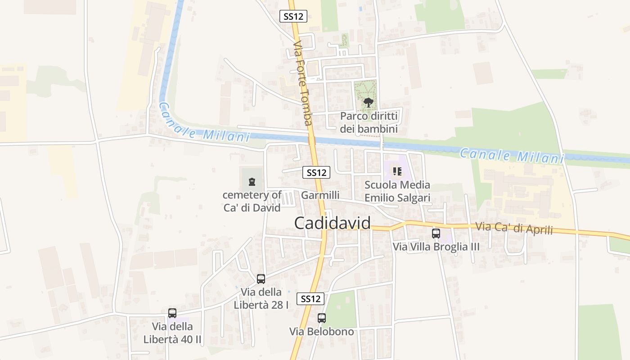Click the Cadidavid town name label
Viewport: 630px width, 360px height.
tap(333, 223)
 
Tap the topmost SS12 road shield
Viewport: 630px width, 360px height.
tap(293, 17)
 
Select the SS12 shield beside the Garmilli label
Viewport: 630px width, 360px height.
tap(316, 172)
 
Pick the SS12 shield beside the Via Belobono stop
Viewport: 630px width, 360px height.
tap(310, 298)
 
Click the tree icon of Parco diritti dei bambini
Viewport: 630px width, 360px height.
tap(369, 103)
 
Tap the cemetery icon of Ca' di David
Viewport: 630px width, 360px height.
tap(252, 182)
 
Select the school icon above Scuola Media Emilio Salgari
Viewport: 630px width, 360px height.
tap(397, 171)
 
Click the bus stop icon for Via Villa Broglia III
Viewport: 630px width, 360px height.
tap(436, 233)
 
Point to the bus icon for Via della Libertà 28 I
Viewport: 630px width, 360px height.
tap(261, 279)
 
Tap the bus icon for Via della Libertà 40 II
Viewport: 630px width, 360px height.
tap(172, 313)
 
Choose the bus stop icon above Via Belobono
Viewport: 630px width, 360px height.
tap(321, 318)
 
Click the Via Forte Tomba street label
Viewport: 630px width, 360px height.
tap(302, 83)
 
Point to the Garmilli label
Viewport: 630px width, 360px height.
tap(320, 195)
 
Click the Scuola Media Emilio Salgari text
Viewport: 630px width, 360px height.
tap(397, 191)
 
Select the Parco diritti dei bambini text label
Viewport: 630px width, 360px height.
tap(369, 122)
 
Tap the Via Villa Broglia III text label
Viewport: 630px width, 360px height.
tap(436, 247)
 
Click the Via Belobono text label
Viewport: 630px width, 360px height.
tap(321, 332)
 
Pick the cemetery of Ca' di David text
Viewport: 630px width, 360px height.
tap(252, 201)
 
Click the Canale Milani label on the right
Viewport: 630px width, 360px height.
tap(512, 155)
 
